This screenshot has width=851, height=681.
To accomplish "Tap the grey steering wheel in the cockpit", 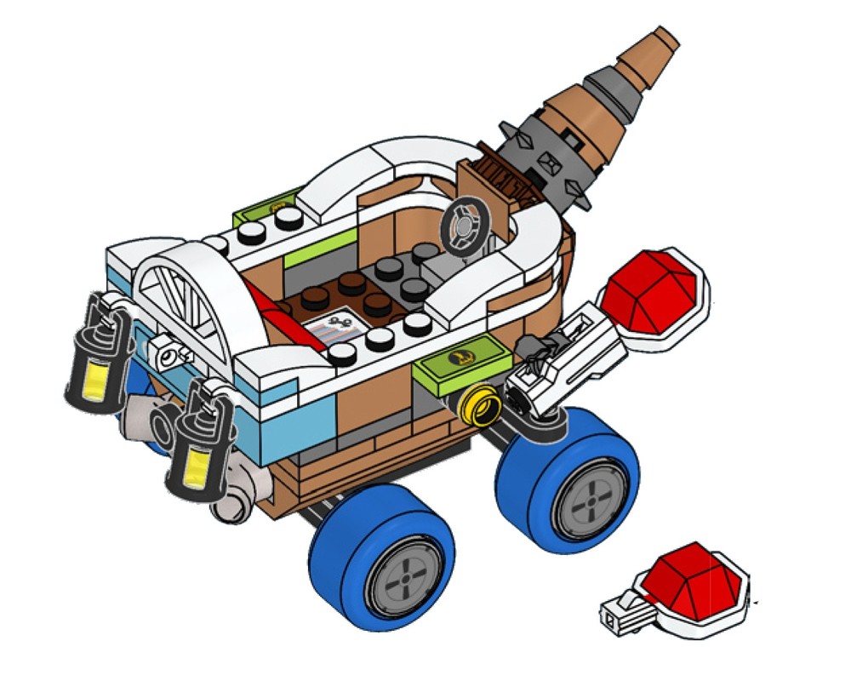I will coord(465,224).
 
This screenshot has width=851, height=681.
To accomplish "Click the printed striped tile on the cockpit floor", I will coord(339,327).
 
